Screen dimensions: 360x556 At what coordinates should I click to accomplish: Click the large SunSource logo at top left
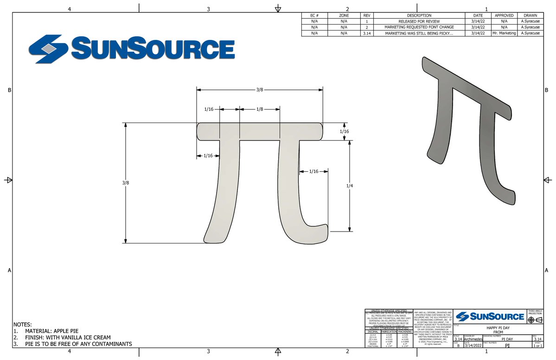click(131, 48)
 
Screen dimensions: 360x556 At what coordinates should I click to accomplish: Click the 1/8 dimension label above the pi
click(260, 109)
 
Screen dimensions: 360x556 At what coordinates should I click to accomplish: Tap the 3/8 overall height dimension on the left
click(125, 183)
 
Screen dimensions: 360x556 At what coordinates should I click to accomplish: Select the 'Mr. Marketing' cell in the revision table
click(504, 33)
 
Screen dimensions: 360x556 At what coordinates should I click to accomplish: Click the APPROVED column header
click(504, 15)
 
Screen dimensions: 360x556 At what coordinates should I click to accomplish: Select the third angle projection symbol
click(535, 320)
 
